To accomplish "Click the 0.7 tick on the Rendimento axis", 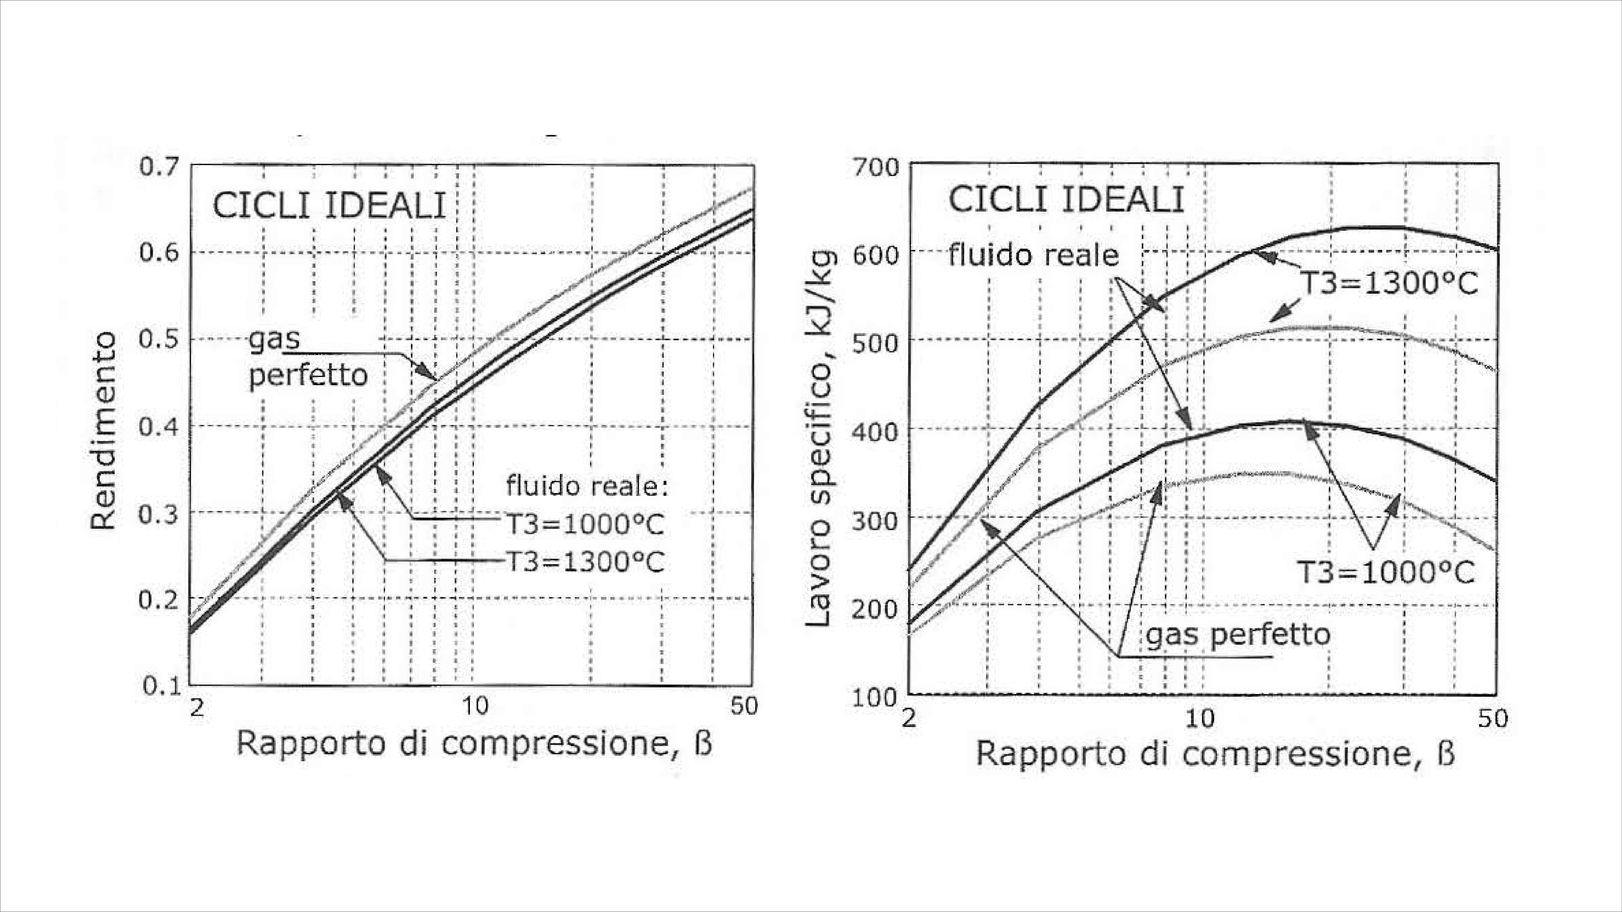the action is coord(159,167).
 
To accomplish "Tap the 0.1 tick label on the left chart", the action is coord(161,686).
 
